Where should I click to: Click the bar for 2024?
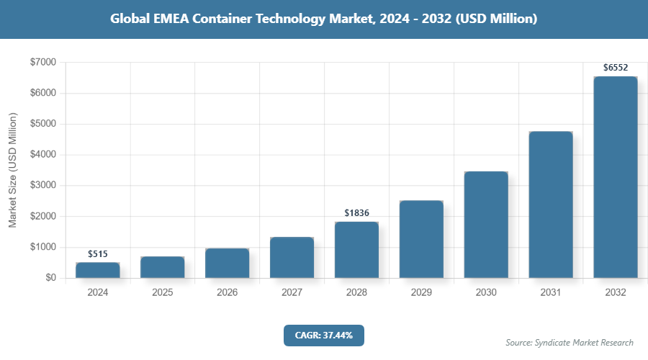pyautogui.click(x=97, y=271)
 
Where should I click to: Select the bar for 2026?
pyautogui.click(x=227, y=264)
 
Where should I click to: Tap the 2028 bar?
pyautogui.click(x=356, y=250)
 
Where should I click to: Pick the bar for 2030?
pyautogui.click(x=486, y=225)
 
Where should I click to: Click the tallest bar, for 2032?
pyautogui.click(x=616, y=177)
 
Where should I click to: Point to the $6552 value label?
pyautogui.click(x=616, y=68)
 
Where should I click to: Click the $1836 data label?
pyautogui.click(x=356, y=212)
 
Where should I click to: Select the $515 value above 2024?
pyautogui.click(x=97, y=254)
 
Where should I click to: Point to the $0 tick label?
pyautogui.click(x=50, y=278)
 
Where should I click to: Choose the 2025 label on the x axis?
pyautogui.click(x=162, y=293)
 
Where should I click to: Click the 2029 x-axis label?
pyautogui.click(x=421, y=293)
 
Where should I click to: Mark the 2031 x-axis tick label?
pyautogui.click(x=551, y=293)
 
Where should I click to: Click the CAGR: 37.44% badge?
pyautogui.click(x=323, y=335)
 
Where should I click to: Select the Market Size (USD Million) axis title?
pyautogui.click(x=12, y=170)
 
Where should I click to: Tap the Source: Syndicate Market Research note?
pyautogui.click(x=569, y=343)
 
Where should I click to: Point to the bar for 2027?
pyautogui.click(x=292, y=258)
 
